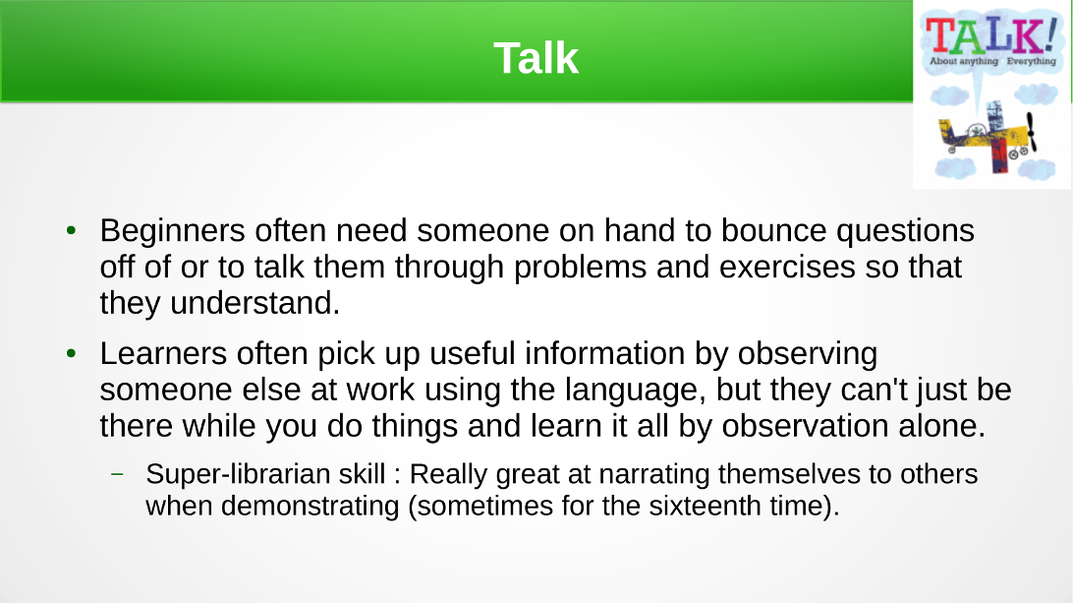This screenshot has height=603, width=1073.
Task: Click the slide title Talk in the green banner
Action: click(536, 58)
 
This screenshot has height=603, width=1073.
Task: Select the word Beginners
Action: click(173, 231)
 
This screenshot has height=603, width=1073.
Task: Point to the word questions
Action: click(905, 232)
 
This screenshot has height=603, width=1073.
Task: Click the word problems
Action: click(580, 268)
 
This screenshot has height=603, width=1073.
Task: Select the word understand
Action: click(254, 303)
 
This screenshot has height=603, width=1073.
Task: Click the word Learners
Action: click(163, 353)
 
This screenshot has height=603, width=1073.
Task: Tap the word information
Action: click(604, 353)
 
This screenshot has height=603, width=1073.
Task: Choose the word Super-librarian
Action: click(265, 474)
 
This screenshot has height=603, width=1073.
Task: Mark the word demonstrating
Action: click(310, 507)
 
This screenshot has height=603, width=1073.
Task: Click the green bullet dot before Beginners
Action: click(71, 231)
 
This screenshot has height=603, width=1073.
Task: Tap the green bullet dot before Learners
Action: click(71, 353)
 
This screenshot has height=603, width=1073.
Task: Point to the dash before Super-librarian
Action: click(118, 473)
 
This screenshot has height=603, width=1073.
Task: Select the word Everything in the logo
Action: click(1032, 61)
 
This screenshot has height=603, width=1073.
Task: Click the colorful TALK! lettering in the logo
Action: click(990, 36)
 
